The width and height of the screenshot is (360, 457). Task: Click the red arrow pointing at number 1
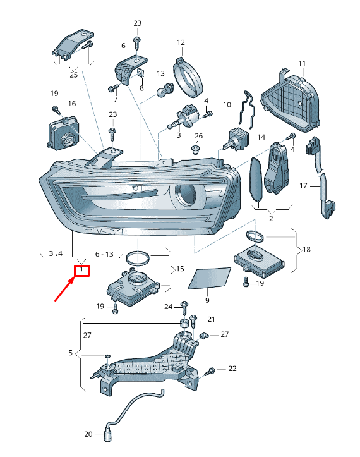pyautogui.click(x=65, y=289)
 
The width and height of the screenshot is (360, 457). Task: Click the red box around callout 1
pyautogui.click(x=81, y=271)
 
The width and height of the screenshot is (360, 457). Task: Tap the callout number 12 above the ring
pyautogui.click(x=181, y=42)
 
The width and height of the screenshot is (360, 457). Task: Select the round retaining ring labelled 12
pyautogui.click(x=188, y=76)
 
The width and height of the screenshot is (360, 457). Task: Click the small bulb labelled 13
pyautogui.click(x=165, y=90)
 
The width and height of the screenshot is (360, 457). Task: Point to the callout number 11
pyautogui.click(x=302, y=63)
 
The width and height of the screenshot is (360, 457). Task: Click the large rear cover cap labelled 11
pyautogui.click(x=291, y=101)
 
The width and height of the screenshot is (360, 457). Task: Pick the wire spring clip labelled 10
pyautogui.click(x=247, y=109)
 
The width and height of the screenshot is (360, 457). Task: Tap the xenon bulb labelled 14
pyautogui.click(x=236, y=138)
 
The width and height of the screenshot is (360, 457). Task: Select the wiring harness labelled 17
pyautogui.click(x=320, y=177)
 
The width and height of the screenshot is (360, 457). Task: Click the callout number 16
pyautogui.click(x=72, y=104)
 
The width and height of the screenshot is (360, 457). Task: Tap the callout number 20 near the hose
pyautogui.click(x=88, y=434)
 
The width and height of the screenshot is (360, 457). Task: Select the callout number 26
pyautogui.click(x=199, y=136)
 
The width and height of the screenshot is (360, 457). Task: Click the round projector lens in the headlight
pyautogui.click(x=185, y=195)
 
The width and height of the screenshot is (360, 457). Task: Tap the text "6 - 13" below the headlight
pyautogui.click(x=104, y=254)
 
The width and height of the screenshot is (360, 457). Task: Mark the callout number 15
pyautogui.click(x=180, y=269)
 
